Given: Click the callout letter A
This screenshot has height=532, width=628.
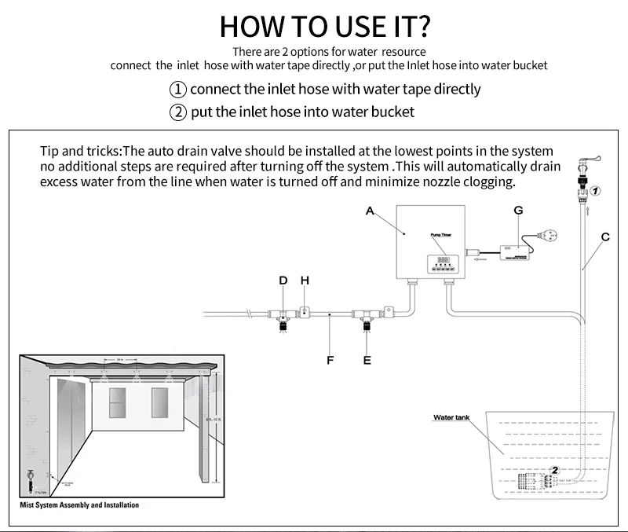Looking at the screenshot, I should pos(370,210).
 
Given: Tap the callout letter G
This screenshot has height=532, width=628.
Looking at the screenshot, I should pos(518,210).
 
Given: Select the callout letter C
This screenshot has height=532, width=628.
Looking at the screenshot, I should pos(605,237).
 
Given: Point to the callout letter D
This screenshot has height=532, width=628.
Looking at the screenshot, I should pos(283,280).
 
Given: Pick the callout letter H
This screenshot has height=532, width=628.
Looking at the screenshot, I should pos(305,280).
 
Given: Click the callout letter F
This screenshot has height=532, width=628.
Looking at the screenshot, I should pos(330,361).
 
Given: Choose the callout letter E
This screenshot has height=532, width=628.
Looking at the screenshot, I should pos(367,361).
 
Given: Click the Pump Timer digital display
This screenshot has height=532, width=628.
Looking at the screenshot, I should pos(443,259).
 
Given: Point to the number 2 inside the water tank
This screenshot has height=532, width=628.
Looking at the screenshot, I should pos(555,470).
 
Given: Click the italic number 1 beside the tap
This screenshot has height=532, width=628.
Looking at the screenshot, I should pos(595,191).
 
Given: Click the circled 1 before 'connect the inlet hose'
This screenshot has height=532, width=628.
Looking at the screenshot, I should pos(179,89).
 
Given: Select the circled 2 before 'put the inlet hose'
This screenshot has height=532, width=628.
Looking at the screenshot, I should pos(179,112).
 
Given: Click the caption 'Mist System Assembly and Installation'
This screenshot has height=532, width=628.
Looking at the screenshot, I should pos(79,504).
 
